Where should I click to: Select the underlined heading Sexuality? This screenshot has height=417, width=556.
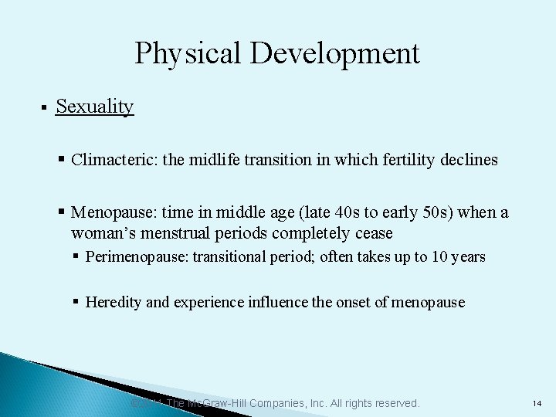point(95,107)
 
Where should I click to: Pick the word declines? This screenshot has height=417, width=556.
point(469,160)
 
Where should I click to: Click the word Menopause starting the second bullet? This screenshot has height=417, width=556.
point(108,212)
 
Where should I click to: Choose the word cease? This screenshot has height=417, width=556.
point(374,233)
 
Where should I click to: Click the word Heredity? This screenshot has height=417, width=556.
point(114,302)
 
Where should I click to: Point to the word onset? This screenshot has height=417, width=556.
point(355,302)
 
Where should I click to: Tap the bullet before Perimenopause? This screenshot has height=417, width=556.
point(76,256)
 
